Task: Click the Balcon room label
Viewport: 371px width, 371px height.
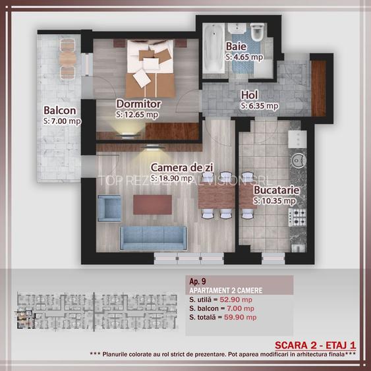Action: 59,111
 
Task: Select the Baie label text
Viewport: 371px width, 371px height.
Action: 237,47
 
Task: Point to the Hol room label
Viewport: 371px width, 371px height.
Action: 249,95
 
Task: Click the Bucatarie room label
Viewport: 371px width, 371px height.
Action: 277,191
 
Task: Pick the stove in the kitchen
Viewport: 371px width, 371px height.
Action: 299,216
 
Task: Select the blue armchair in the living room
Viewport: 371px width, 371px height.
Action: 109,210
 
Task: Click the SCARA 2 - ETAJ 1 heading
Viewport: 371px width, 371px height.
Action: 315,345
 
